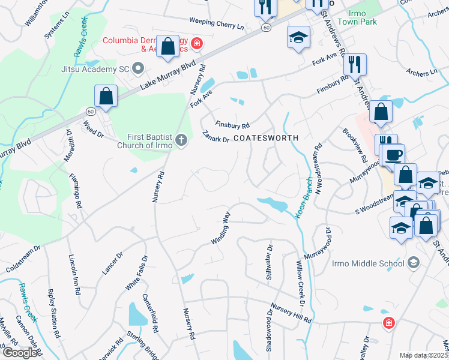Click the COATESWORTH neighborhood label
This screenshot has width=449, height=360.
coord(265,138)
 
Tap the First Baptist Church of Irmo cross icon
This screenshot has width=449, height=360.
coord(182,140)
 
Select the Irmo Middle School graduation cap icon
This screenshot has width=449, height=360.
coord(413,263)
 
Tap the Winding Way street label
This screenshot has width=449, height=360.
coord(221,227)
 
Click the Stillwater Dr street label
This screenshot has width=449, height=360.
coord(270,262)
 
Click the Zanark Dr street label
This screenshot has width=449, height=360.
coord(216,137)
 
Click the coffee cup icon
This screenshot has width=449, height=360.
coord(393,154)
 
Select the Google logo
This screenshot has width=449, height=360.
coord(20,353)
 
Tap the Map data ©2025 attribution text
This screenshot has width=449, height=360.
coord(423,355)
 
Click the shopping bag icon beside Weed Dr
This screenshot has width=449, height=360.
coord(106,96)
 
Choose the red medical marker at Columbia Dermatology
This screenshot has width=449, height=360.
coord(197,43)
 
